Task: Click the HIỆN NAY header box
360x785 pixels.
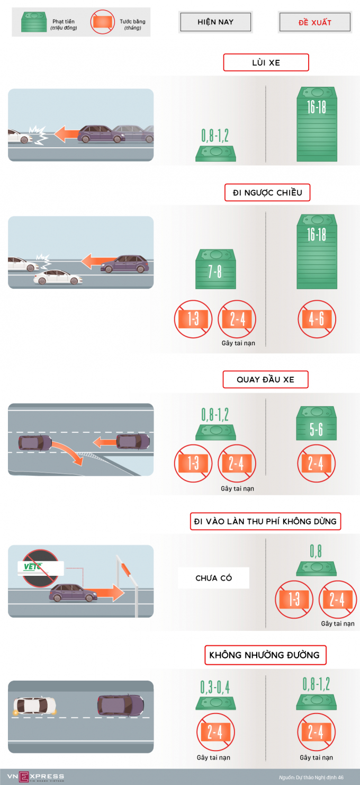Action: click(215, 22)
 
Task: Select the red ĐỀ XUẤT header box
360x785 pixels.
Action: click(315, 22)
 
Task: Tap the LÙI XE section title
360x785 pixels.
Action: click(266, 63)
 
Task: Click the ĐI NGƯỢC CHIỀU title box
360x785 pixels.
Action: click(267, 192)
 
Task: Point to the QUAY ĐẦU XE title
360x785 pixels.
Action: click(265, 379)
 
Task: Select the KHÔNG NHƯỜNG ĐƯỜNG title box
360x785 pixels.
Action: click(265, 655)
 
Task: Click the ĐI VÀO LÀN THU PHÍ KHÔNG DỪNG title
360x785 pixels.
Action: click(265, 521)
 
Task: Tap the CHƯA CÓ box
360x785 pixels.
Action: click(214, 578)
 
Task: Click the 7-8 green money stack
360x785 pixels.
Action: click(215, 269)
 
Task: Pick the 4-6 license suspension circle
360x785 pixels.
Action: click(317, 319)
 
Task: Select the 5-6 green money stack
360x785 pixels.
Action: click(316, 423)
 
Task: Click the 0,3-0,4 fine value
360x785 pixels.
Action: click(215, 687)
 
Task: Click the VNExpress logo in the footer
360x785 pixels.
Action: click(35, 777)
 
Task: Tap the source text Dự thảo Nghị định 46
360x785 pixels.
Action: click(311, 777)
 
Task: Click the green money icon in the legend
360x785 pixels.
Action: click(34, 22)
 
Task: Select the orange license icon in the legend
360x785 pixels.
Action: click(103, 22)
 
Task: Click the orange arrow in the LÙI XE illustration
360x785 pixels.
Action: click(67, 134)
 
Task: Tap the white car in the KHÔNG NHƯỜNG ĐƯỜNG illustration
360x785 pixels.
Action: click(34, 706)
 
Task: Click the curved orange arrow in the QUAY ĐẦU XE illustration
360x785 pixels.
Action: click(69, 451)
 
